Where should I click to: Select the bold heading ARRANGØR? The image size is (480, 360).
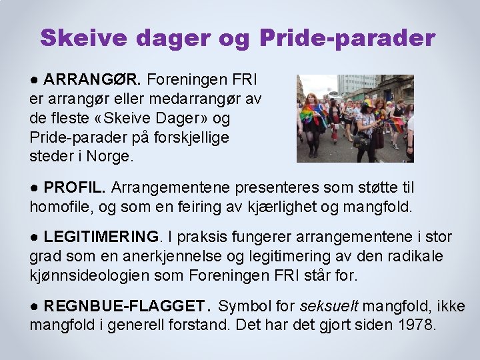click(92, 81)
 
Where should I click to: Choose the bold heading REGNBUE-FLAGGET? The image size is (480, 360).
click(124, 307)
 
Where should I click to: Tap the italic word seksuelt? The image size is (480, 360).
click(328, 307)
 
